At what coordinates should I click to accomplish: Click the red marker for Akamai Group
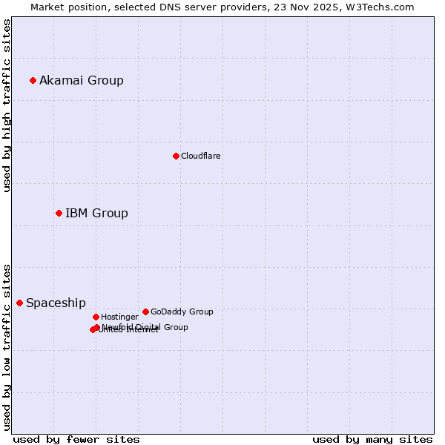point(33,80)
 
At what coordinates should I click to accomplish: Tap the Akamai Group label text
point(82,80)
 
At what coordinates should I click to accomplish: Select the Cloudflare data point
point(176,156)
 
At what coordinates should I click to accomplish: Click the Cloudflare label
point(201,156)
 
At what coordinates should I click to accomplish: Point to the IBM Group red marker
point(59,213)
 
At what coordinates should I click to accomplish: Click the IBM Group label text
point(96,213)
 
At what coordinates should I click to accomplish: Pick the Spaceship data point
point(19,303)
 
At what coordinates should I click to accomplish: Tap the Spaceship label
point(56,303)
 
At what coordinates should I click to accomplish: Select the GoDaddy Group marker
point(145,311)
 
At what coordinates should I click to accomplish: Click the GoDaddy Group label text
point(182,311)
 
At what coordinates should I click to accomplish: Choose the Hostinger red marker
point(96,317)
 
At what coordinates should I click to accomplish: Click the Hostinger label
point(119,317)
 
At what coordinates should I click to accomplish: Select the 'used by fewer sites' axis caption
point(76,439)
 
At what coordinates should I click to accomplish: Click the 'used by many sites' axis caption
point(372,439)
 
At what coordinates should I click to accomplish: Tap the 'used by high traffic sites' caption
point(7,105)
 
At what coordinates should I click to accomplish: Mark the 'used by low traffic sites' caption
point(7,346)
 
